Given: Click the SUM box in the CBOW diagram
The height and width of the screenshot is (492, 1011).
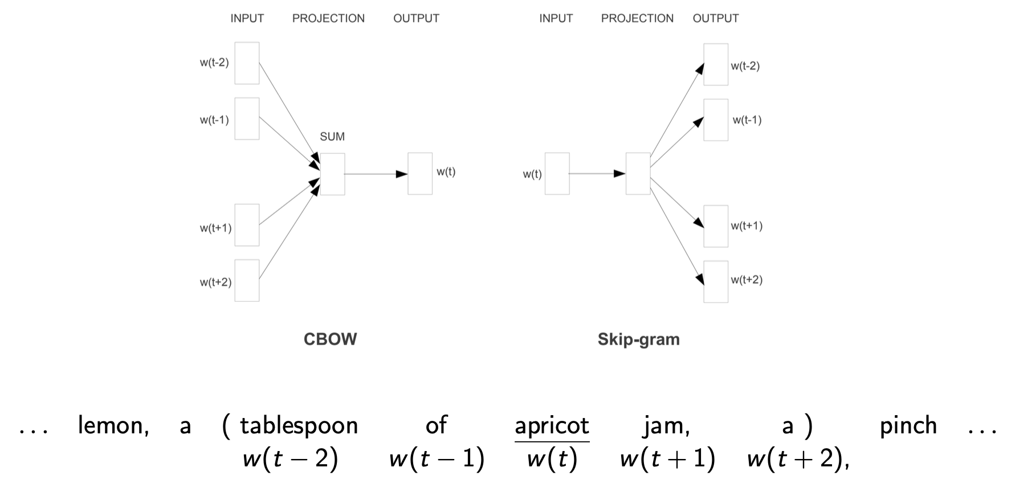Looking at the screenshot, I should [332, 174].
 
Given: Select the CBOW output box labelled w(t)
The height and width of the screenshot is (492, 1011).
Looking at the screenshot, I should [420, 174].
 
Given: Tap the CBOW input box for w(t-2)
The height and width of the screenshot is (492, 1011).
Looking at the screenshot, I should [247, 63].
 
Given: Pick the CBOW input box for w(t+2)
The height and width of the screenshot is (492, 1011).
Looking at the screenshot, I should [247, 281].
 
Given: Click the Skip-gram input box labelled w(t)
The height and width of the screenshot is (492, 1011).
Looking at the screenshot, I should [557, 174].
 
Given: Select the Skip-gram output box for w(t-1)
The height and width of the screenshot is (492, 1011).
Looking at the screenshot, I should [716, 120].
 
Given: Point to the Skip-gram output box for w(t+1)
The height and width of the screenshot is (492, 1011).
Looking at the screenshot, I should [716, 226].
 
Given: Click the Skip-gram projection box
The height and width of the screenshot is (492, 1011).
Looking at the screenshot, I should [638, 174].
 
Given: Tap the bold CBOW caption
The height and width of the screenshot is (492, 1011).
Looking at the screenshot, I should [330, 339].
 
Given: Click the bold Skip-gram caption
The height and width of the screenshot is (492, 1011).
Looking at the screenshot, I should [638, 339].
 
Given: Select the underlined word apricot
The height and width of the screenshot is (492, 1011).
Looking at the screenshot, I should [552, 426].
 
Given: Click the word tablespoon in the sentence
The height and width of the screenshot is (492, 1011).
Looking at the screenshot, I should [299, 426].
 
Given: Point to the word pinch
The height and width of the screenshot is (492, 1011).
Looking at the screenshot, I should [908, 426].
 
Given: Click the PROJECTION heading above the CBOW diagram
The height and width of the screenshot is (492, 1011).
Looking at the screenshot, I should [328, 18].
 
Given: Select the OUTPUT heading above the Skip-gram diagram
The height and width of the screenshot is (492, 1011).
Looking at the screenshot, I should [715, 18].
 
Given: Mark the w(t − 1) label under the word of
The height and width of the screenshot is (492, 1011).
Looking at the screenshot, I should [437, 459].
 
